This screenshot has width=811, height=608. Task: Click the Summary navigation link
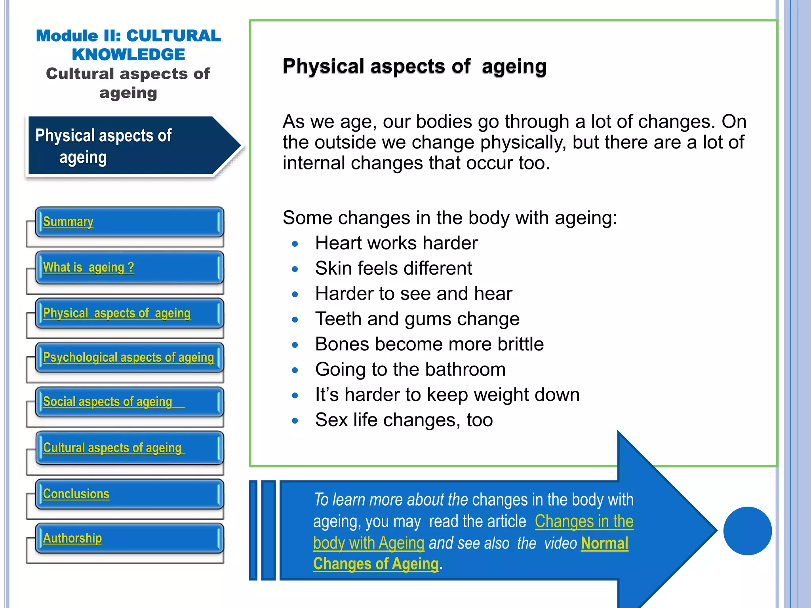pyautogui.click(x=68, y=222)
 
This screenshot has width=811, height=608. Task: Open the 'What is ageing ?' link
pyautogui.click(x=88, y=268)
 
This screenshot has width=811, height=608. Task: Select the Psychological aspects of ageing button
pyautogui.click(x=128, y=357)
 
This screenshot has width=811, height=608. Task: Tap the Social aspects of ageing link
pyautogui.click(x=108, y=402)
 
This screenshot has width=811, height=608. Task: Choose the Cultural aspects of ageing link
pyautogui.click(x=112, y=448)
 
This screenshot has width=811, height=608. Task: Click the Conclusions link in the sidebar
pyautogui.click(x=76, y=494)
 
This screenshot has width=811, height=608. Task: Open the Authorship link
pyautogui.click(x=72, y=538)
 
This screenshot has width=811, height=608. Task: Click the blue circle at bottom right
pyautogui.click(x=747, y=531)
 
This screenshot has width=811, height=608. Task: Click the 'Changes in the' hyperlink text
pyautogui.click(x=584, y=521)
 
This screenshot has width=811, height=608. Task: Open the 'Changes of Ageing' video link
pyautogui.click(x=376, y=564)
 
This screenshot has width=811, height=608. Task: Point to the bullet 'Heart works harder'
pyautogui.click(x=396, y=243)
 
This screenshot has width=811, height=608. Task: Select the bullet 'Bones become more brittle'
pyautogui.click(x=429, y=344)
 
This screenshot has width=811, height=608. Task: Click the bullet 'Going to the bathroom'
pyautogui.click(x=410, y=369)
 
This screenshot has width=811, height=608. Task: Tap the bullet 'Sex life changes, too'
pyautogui.click(x=404, y=420)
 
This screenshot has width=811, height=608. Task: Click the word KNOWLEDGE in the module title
pyautogui.click(x=128, y=55)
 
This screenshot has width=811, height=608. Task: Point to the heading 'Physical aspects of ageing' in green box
pyautogui.click(x=414, y=66)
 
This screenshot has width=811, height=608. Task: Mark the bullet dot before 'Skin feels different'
pyautogui.click(x=295, y=269)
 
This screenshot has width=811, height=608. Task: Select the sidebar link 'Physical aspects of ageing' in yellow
pyautogui.click(x=117, y=313)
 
